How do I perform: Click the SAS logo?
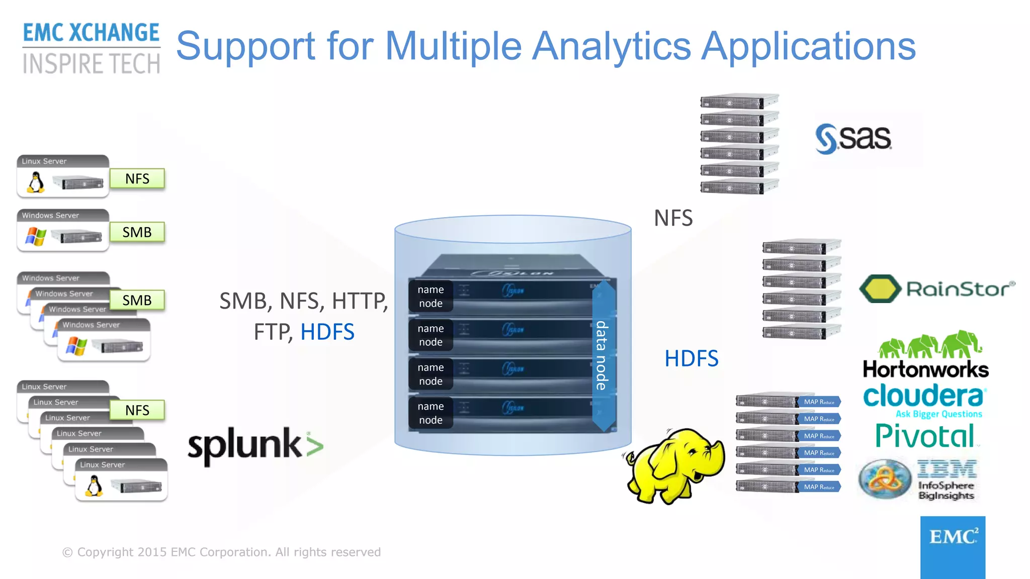tap(853, 138)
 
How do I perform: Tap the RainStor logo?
tap(937, 289)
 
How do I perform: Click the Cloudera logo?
tap(924, 397)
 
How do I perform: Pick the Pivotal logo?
tap(925, 436)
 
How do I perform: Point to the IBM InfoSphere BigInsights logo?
tap(918, 480)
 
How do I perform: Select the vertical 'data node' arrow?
tap(603, 355)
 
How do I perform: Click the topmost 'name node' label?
tap(431, 297)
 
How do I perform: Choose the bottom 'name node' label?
tap(431, 413)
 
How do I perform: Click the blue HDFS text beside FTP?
tap(327, 332)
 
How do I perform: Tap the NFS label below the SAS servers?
tap(673, 218)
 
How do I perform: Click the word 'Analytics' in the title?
tap(611, 46)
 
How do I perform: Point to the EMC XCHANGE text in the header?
tap(91, 33)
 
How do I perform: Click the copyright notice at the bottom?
tap(221, 552)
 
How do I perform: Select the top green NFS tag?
tap(137, 179)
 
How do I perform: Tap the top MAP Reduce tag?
tap(818, 402)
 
